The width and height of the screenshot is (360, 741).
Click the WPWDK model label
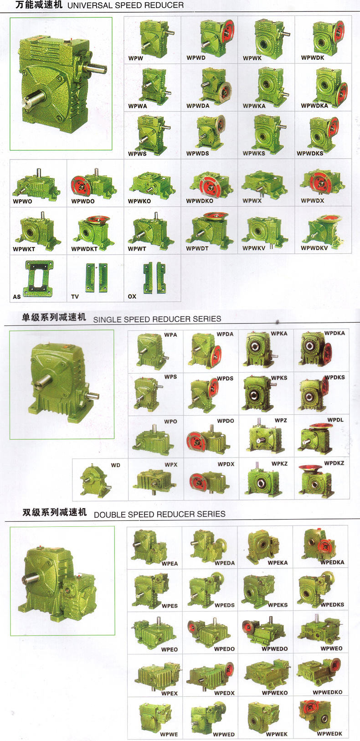pos(313,57)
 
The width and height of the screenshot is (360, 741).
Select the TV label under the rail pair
pos(75,297)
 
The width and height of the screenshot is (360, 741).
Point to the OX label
pos(132,296)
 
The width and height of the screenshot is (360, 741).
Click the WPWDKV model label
pos(314,248)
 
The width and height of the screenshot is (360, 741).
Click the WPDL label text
pos(335,420)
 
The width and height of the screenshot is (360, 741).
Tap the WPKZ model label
pos(280,463)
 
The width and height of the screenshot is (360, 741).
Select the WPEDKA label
pos(333,562)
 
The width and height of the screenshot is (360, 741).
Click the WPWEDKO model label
pos(328,692)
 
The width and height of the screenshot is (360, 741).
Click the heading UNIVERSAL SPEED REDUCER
pos(125,5)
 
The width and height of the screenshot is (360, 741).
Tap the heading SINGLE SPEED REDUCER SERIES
pos(157,319)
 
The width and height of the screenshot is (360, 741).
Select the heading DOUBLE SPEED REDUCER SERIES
pos(159,515)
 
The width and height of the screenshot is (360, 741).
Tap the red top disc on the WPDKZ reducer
pos(310,468)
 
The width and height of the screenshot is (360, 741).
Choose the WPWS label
pos(137,154)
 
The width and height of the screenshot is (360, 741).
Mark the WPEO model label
pos(170,649)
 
